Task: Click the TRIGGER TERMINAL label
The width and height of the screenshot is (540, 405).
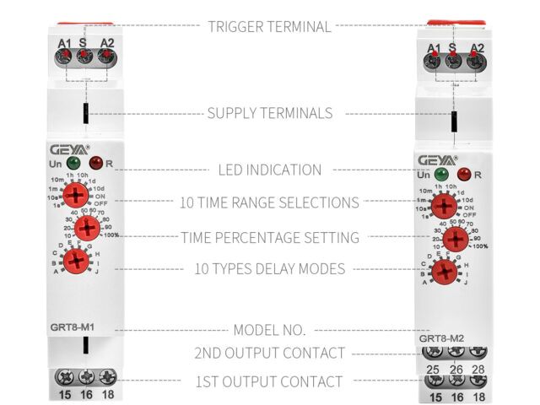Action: click(269, 27)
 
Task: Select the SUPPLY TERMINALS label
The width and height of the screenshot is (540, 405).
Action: click(269, 113)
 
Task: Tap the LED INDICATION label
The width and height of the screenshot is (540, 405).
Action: click(269, 170)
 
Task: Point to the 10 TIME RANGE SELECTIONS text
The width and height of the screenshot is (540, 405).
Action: click(269, 202)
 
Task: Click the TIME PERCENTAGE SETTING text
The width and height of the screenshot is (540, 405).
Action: click(269, 238)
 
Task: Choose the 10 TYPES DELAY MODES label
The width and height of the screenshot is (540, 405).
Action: click(269, 269)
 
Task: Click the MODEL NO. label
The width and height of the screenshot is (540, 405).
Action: click(269, 329)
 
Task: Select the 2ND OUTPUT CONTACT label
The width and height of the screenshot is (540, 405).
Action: click(269, 353)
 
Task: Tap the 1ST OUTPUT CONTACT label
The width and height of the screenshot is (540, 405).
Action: click(269, 381)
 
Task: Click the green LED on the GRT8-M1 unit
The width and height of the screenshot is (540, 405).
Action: click(74, 162)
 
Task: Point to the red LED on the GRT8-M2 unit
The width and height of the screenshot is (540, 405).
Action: click(462, 175)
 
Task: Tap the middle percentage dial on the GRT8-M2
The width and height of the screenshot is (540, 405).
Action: click(456, 239)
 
